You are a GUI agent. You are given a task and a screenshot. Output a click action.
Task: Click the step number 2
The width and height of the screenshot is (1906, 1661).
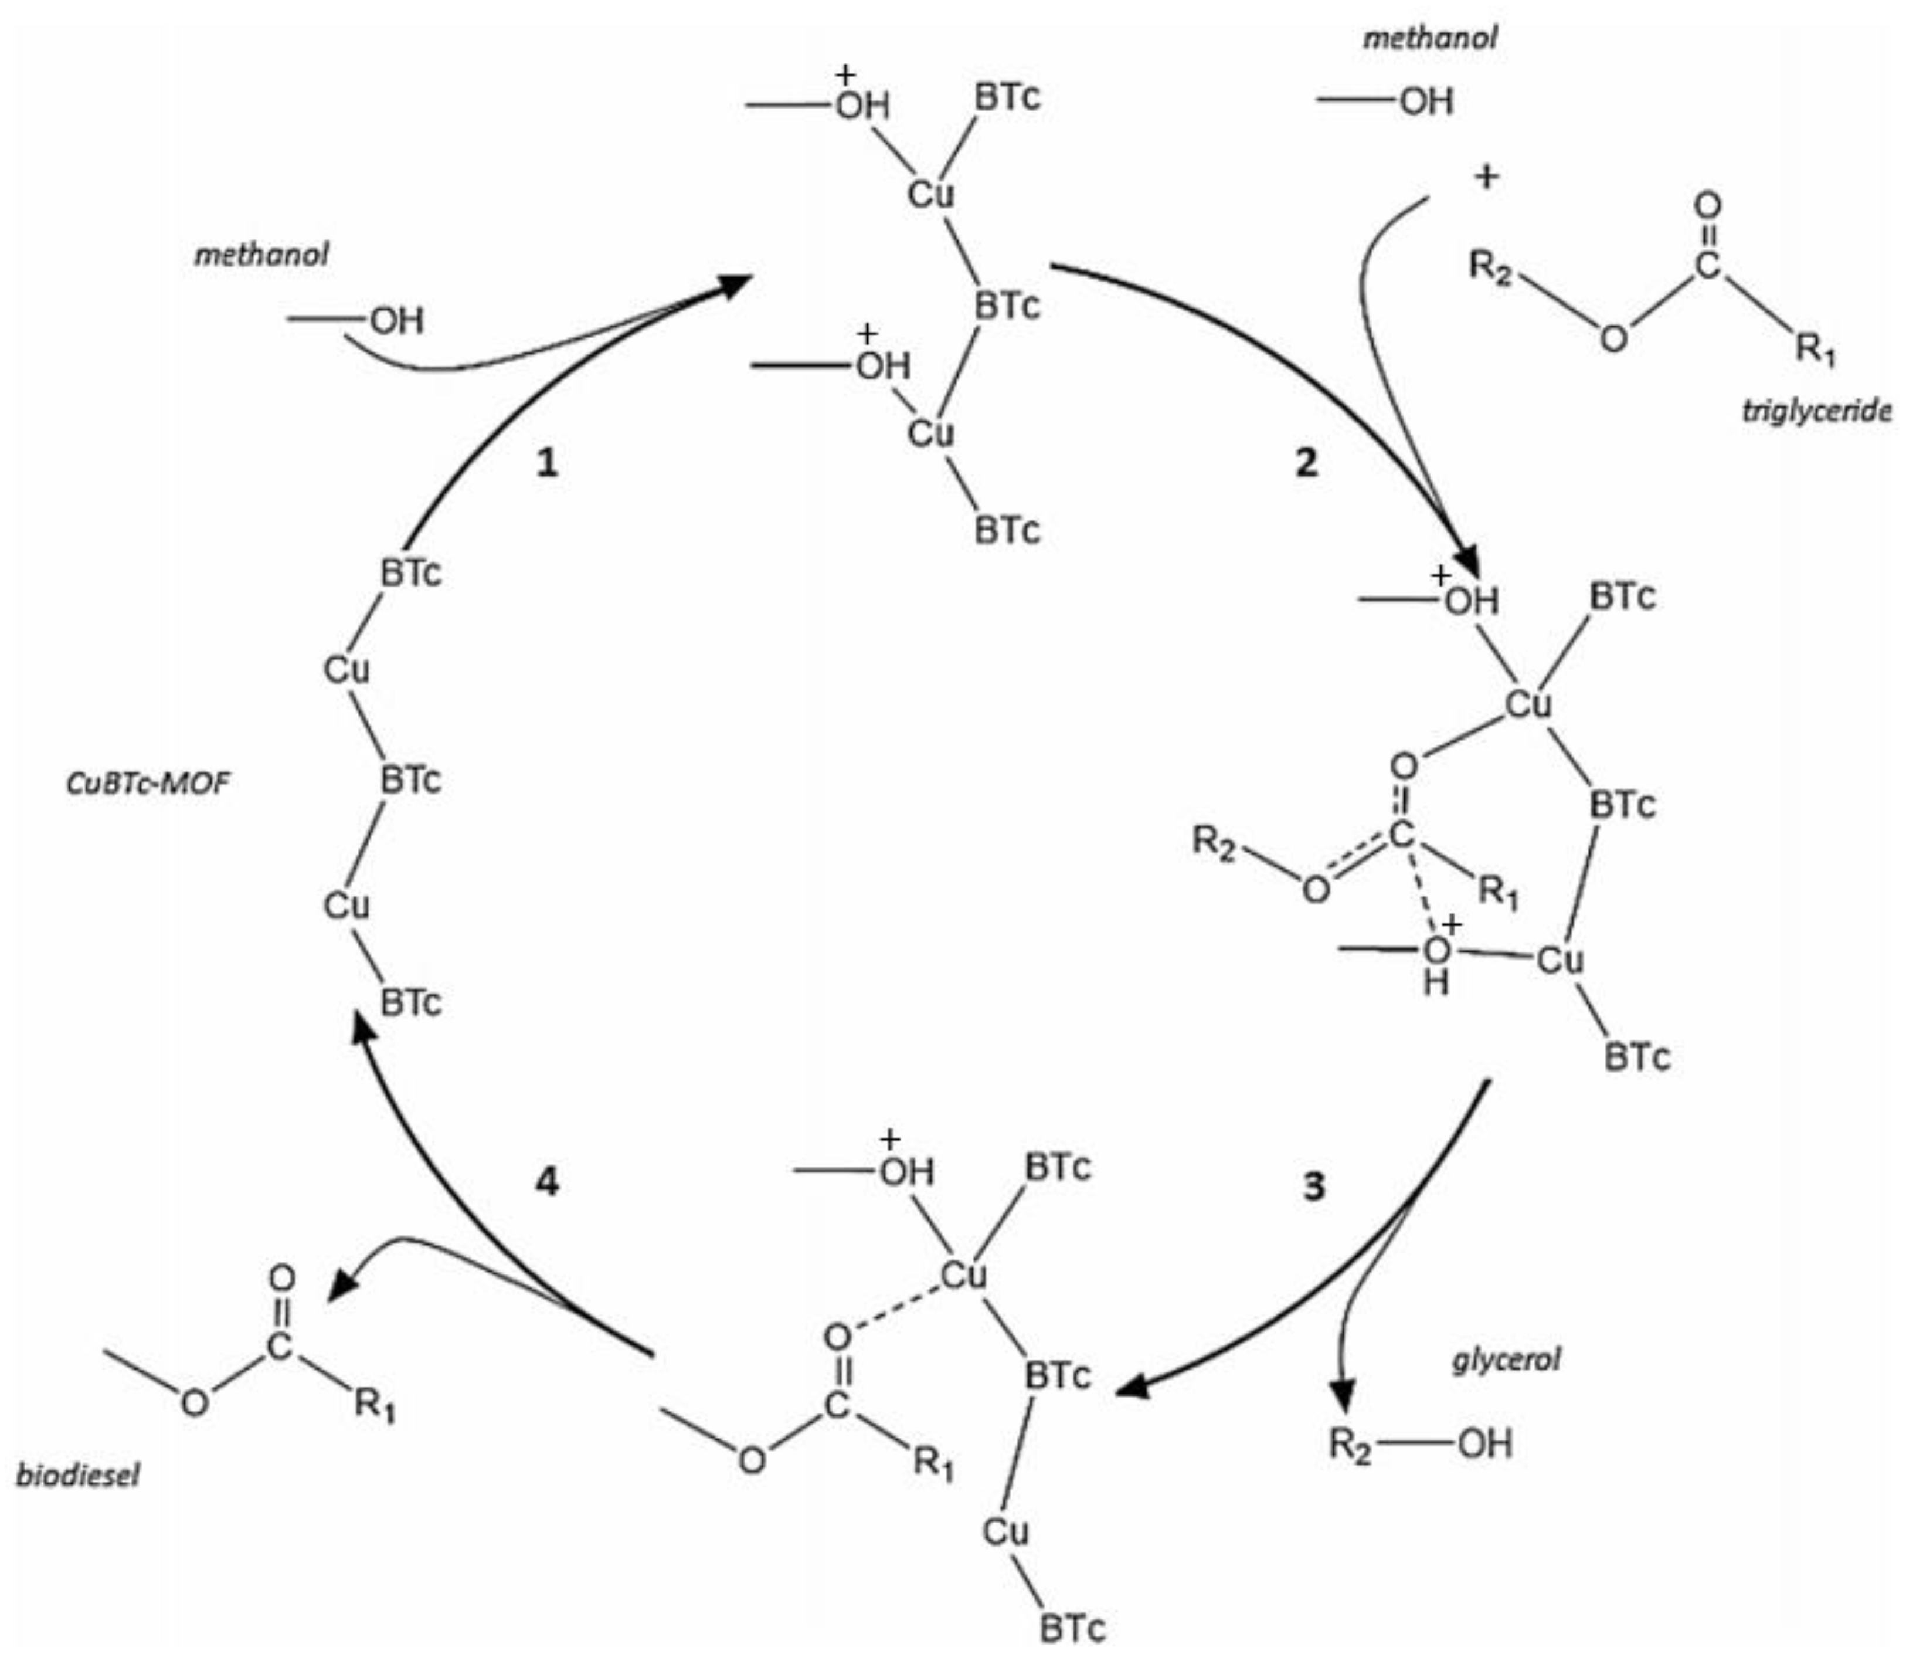click(x=1306, y=462)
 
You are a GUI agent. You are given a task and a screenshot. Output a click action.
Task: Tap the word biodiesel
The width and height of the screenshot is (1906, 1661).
click(x=79, y=1474)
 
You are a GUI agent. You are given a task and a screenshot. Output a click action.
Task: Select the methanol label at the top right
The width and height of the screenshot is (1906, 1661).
click(x=1431, y=38)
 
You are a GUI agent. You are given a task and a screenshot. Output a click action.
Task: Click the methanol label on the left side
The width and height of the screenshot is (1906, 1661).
click(x=261, y=255)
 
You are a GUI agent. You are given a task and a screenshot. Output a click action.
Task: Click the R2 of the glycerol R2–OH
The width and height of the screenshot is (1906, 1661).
click(x=1350, y=1444)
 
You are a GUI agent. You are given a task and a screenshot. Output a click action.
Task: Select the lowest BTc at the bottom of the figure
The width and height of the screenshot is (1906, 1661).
click(x=1072, y=1628)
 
